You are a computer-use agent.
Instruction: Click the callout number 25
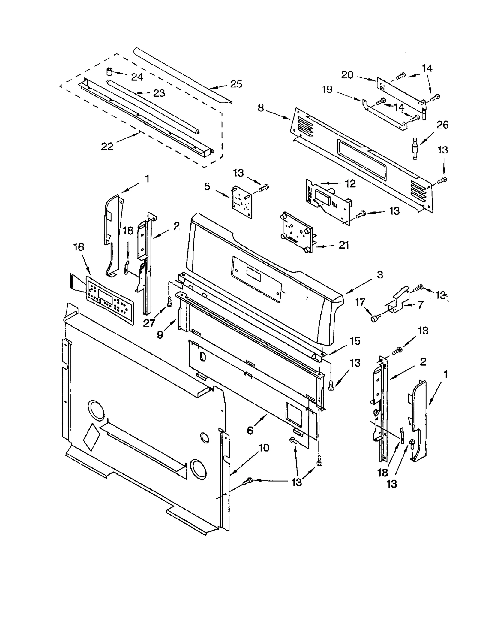click(236, 84)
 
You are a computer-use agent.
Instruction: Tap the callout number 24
click(137, 77)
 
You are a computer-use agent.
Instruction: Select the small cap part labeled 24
click(110, 72)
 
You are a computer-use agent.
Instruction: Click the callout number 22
click(107, 146)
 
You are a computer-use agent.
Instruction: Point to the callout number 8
click(261, 108)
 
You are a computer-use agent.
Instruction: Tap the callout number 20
click(347, 74)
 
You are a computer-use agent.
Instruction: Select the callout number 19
click(327, 89)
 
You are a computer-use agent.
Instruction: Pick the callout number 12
click(350, 183)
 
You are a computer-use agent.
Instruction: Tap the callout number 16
click(79, 247)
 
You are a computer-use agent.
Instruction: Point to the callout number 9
click(160, 334)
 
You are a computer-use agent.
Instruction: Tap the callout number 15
click(355, 341)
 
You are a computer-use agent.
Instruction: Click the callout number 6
click(250, 431)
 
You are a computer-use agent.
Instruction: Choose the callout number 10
click(264, 448)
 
